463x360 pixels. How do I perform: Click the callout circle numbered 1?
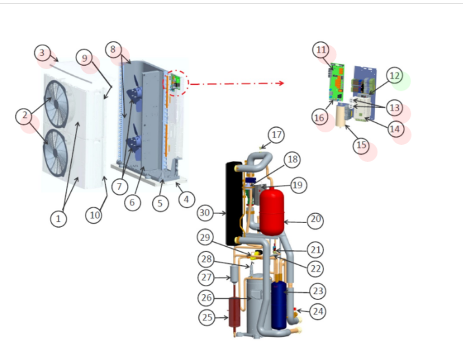click(x=59, y=219)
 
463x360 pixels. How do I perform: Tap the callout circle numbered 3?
click(x=43, y=52)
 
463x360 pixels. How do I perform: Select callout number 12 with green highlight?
click(x=394, y=76)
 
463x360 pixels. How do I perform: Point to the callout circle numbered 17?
click(x=276, y=136)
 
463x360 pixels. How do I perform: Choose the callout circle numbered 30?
click(x=205, y=213)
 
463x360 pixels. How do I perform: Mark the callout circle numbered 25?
click(x=207, y=317)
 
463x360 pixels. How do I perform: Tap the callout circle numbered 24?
click(x=318, y=311)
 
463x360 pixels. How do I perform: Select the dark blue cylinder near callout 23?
click(x=279, y=304)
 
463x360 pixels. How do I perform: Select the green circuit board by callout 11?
click(x=339, y=82)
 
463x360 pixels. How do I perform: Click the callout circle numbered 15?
click(x=361, y=146)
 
